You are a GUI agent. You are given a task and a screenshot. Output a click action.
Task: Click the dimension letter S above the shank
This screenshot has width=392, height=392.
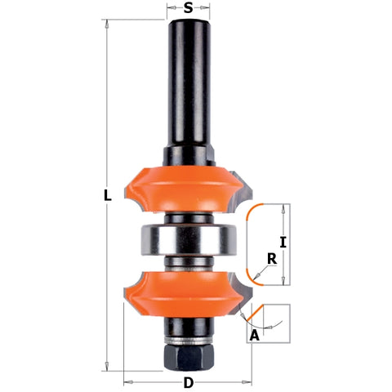tap(189, 9)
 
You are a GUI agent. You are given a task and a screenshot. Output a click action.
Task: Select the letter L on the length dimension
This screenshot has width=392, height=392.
tap(108, 196)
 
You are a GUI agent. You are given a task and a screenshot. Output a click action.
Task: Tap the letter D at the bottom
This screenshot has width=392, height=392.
tap(189, 382)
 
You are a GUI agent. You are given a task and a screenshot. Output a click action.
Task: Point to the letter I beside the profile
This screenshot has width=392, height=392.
tap(283, 242)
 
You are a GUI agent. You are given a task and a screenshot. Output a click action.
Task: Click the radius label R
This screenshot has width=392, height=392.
tap(269, 259)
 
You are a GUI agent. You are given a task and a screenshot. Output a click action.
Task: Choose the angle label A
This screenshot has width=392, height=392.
tap(255, 335)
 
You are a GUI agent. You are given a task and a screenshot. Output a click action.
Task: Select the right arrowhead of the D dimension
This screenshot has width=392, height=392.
tap(250, 381)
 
